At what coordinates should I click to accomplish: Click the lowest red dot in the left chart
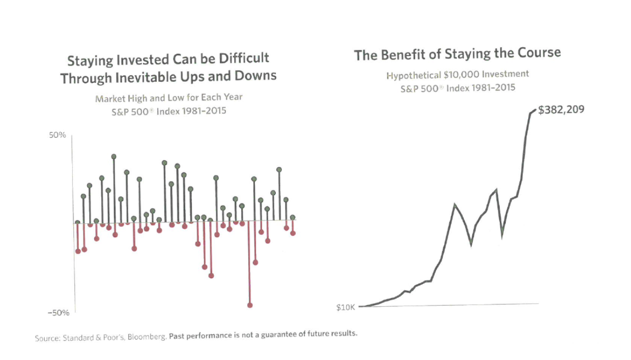(250, 305)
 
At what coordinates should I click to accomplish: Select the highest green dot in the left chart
(114, 157)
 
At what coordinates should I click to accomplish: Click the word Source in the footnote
(47, 338)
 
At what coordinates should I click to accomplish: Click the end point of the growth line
(533, 110)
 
